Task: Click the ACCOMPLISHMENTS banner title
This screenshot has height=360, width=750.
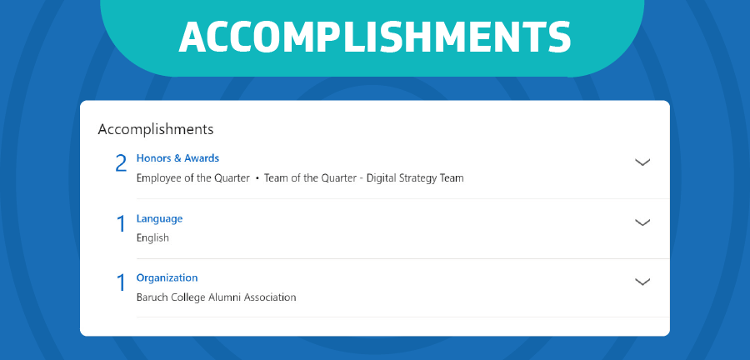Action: [375, 37]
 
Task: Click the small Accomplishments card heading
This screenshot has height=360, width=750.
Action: [156, 129]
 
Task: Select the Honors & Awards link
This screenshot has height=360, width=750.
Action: [177, 158]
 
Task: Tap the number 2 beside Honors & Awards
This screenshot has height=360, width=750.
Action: [121, 164]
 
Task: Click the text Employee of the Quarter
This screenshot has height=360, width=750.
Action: [193, 178]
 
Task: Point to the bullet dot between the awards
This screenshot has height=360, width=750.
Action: [257, 179]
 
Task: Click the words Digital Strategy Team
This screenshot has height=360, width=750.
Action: [415, 178]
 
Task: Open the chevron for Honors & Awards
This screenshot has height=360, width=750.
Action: [642, 162]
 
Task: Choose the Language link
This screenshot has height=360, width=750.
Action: [159, 219]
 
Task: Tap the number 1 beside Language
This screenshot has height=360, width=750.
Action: [122, 224]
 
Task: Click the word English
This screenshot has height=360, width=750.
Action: [152, 237]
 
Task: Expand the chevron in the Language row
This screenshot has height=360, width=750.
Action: [642, 222]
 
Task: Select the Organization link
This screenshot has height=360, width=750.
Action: [167, 277]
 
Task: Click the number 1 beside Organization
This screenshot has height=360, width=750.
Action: [122, 283]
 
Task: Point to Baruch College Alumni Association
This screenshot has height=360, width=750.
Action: [216, 297]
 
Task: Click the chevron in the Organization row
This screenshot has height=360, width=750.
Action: [642, 282]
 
